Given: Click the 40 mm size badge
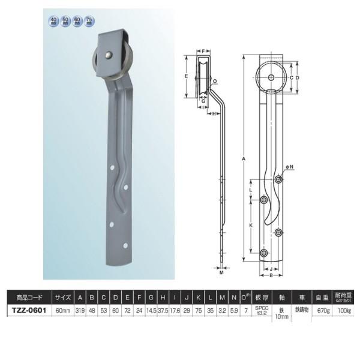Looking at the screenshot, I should (x=54, y=22).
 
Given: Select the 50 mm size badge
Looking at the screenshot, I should (x=65, y=22).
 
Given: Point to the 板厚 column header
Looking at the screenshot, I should (x=262, y=296).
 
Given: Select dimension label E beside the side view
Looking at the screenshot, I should (x=187, y=77).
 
